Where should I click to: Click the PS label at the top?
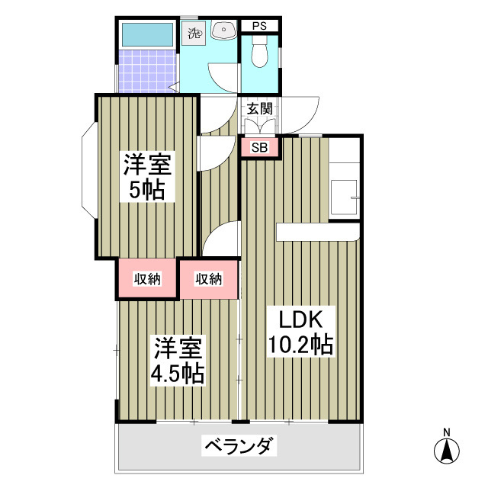[x=258, y=26]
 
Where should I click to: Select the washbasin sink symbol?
[x=224, y=30]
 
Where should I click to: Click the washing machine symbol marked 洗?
[x=194, y=33]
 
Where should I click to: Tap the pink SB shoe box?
[x=259, y=148]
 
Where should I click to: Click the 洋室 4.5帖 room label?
[x=178, y=361]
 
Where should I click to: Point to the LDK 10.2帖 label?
[x=300, y=332]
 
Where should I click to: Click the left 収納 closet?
[x=148, y=279]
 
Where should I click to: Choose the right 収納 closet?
[x=208, y=279]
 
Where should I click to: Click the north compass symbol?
[x=446, y=451]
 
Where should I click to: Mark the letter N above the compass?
[x=446, y=432]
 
